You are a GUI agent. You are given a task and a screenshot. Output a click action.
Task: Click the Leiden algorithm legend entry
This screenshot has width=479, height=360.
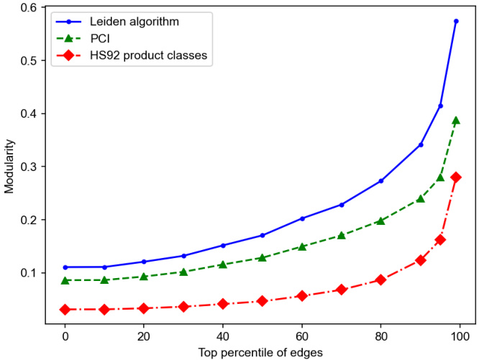pos(134,22)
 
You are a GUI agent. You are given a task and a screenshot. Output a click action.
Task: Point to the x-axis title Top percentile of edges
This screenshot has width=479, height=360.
pos(262,351)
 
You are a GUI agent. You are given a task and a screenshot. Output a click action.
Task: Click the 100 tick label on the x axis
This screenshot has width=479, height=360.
pos(460,336)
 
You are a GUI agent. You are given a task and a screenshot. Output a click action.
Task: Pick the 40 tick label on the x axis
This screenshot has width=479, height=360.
pos(223,336)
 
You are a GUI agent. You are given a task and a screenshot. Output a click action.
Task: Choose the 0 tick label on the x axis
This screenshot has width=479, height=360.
pos(65,336)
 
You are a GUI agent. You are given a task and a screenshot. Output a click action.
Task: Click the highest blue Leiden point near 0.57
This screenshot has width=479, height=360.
pos(456,22)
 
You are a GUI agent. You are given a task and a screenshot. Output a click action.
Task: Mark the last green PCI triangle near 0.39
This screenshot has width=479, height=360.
pos(456,120)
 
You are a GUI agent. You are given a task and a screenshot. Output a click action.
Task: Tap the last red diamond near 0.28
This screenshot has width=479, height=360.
pos(456,177)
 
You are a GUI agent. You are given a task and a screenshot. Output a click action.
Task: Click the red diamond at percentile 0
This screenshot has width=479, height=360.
pos(65,309)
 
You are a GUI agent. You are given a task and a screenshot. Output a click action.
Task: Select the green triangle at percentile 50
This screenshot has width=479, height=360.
pos(263,257)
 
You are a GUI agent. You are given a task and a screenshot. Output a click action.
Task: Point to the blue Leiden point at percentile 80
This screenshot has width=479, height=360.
pos(381,181)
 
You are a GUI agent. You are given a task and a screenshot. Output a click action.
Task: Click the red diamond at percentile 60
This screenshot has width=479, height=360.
pos(302,295)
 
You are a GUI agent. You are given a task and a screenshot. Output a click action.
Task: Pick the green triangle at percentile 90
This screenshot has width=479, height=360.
pos(421,198)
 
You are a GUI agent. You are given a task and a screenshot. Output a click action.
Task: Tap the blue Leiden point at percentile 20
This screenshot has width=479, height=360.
pos(144,262)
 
